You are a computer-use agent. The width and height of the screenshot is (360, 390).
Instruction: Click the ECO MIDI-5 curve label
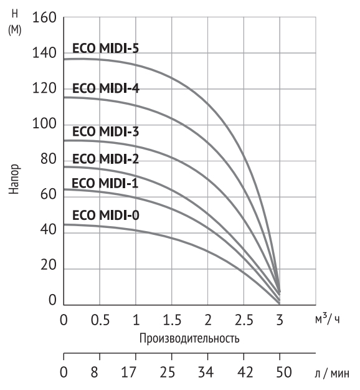[x=105, y=49]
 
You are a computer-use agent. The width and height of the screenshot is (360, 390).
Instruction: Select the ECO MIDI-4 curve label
[x=105, y=88]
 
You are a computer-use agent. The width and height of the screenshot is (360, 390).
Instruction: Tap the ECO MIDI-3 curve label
[x=105, y=131]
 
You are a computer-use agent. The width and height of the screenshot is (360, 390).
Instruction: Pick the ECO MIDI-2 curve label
[x=105, y=158]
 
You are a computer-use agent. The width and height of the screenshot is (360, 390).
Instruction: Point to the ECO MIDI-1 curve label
[x=105, y=183]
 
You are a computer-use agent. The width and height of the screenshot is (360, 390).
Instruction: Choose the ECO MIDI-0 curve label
[x=105, y=216]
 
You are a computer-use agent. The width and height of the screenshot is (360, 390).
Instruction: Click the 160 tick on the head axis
[x=44, y=18]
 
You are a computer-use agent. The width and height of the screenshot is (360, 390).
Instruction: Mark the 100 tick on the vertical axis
[x=44, y=125]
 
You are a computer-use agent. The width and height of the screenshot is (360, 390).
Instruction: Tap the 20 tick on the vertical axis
[x=48, y=267]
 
